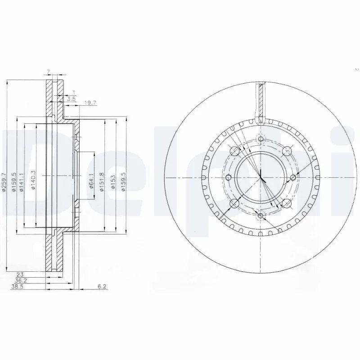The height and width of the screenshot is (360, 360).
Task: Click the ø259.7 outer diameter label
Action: (4, 183)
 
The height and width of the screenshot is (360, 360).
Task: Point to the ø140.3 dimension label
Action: (34, 180)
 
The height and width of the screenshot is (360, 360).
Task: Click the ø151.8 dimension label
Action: (103, 181)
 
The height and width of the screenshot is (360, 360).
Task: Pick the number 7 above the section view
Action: (48, 72)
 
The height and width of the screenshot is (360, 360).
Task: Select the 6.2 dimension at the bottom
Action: (103, 286)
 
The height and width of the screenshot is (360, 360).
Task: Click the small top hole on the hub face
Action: (261, 138)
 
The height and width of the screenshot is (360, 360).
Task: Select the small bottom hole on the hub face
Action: (261, 216)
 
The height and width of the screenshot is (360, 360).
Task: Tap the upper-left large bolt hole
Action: (234, 151)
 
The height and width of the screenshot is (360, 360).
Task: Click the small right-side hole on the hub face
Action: (293, 177)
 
